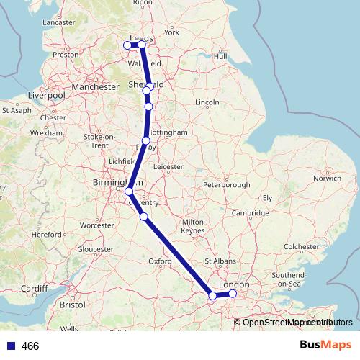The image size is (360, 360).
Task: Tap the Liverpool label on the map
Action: tap(46, 95)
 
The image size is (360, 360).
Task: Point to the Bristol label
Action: tap(73, 305)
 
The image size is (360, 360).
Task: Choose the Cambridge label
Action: tap(250, 212)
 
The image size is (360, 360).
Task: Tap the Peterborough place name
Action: tap(226, 185)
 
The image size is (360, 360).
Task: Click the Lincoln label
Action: tap(207, 102)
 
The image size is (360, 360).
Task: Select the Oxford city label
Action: tap(159, 261)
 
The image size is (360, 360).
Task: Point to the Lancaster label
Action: tap(59, 22)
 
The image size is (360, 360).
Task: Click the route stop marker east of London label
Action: tap(233, 293)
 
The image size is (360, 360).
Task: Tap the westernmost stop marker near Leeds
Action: tap(129, 45)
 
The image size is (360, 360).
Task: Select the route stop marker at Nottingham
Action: tap(146, 140)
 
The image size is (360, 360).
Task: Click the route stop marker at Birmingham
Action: tap(128, 192)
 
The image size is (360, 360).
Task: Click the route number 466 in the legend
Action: tap(30, 346)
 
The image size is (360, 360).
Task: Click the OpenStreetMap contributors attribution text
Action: tap(295, 322)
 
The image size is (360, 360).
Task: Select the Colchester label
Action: tap(301, 246)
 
